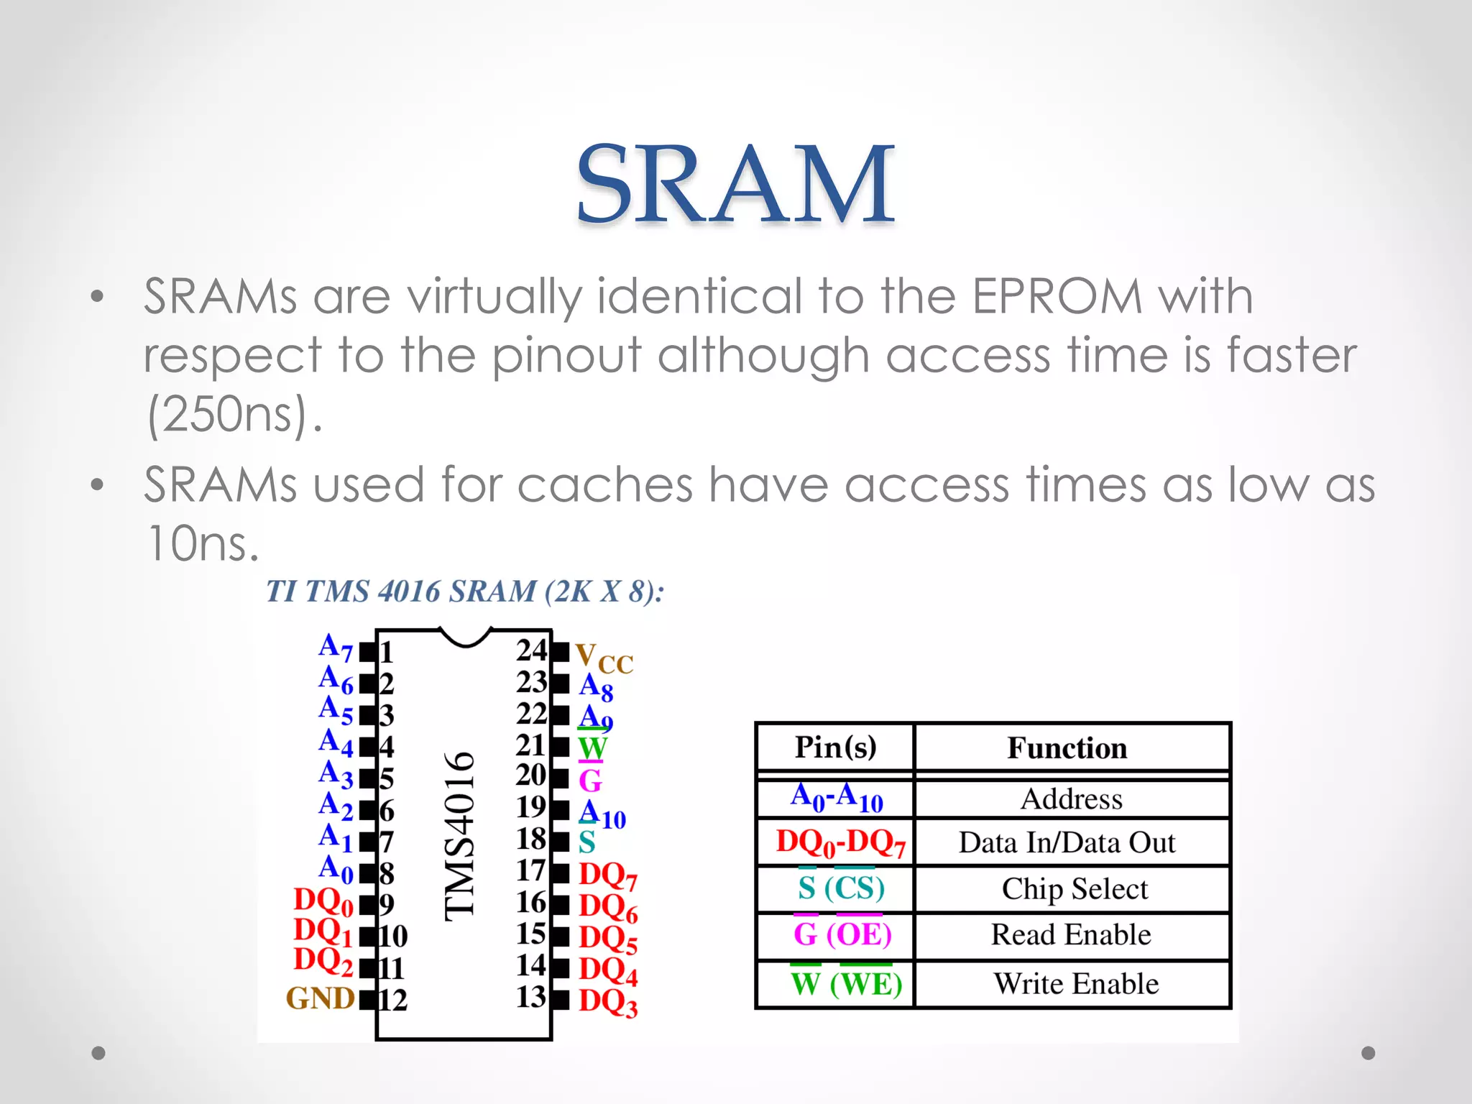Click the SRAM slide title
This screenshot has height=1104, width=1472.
click(x=735, y=184)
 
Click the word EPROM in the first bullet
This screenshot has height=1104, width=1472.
click(x=1057, y=296)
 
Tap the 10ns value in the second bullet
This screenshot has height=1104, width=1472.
click(x=202, y=543)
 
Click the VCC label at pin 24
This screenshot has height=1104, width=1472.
click(x=604, y=658)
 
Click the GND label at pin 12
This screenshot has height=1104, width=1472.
click(x=321, y=998)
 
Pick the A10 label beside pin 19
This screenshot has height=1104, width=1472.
click(x=602, y=814)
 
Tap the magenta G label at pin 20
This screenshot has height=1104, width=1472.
click(x=590, y=781)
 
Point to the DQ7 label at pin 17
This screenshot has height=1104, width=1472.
click(x=608, y=875)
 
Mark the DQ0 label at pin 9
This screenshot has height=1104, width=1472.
click(x=323, y=901)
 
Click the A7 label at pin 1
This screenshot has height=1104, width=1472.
click(x=336, y=648)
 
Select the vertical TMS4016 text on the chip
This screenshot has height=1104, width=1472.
click(x=460, y=836)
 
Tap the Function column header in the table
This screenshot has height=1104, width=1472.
click(x=1067, y=748)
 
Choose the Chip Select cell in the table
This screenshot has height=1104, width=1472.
click(x=1075, y=889)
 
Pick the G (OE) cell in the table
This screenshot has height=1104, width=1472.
click(x=842, y=934)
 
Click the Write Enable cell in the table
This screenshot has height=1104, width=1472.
click(x=1076, y=983)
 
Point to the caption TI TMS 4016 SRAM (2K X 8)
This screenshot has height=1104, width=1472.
click(x=465, y=592)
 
